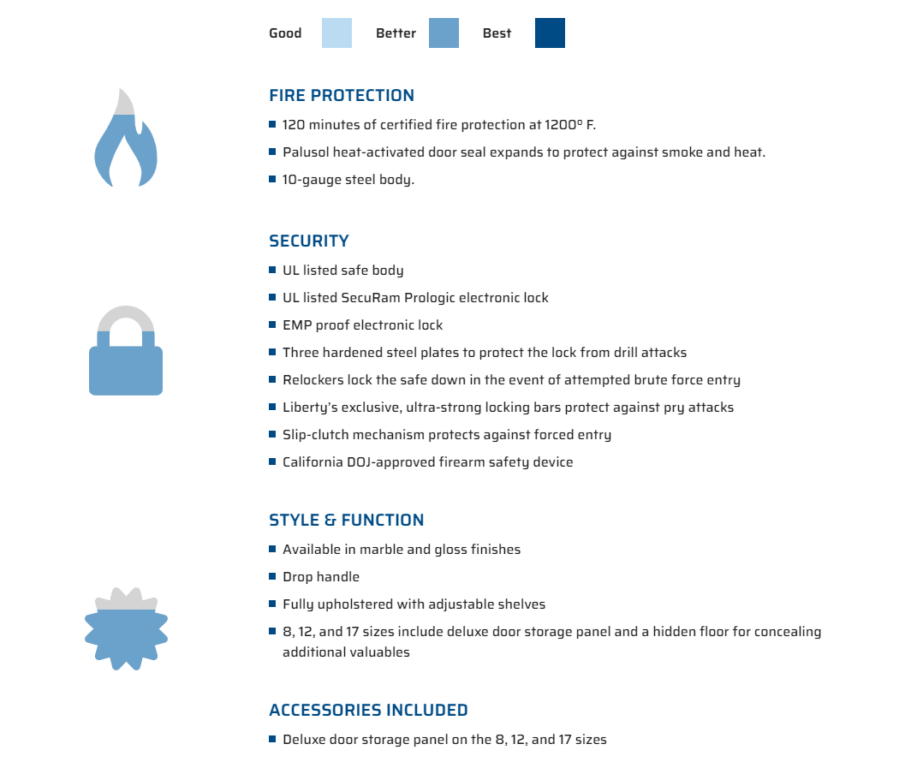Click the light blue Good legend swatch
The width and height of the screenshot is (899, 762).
(336, 33)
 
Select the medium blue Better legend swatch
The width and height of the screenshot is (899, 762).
(444, 33)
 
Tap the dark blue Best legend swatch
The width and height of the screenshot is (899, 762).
(550, 33)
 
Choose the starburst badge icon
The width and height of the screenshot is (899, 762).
(126, 629)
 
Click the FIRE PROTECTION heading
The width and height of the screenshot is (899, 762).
(342, 95)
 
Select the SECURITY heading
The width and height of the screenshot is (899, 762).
(309, 241)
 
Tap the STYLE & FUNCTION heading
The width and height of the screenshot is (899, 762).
(347, 520)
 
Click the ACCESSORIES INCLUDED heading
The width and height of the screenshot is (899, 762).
(368, 710)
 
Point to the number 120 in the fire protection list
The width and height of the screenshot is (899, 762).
(294, 125)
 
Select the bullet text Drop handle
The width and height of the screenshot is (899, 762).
(321, 577)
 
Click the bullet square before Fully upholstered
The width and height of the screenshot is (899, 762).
(272, 604)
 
